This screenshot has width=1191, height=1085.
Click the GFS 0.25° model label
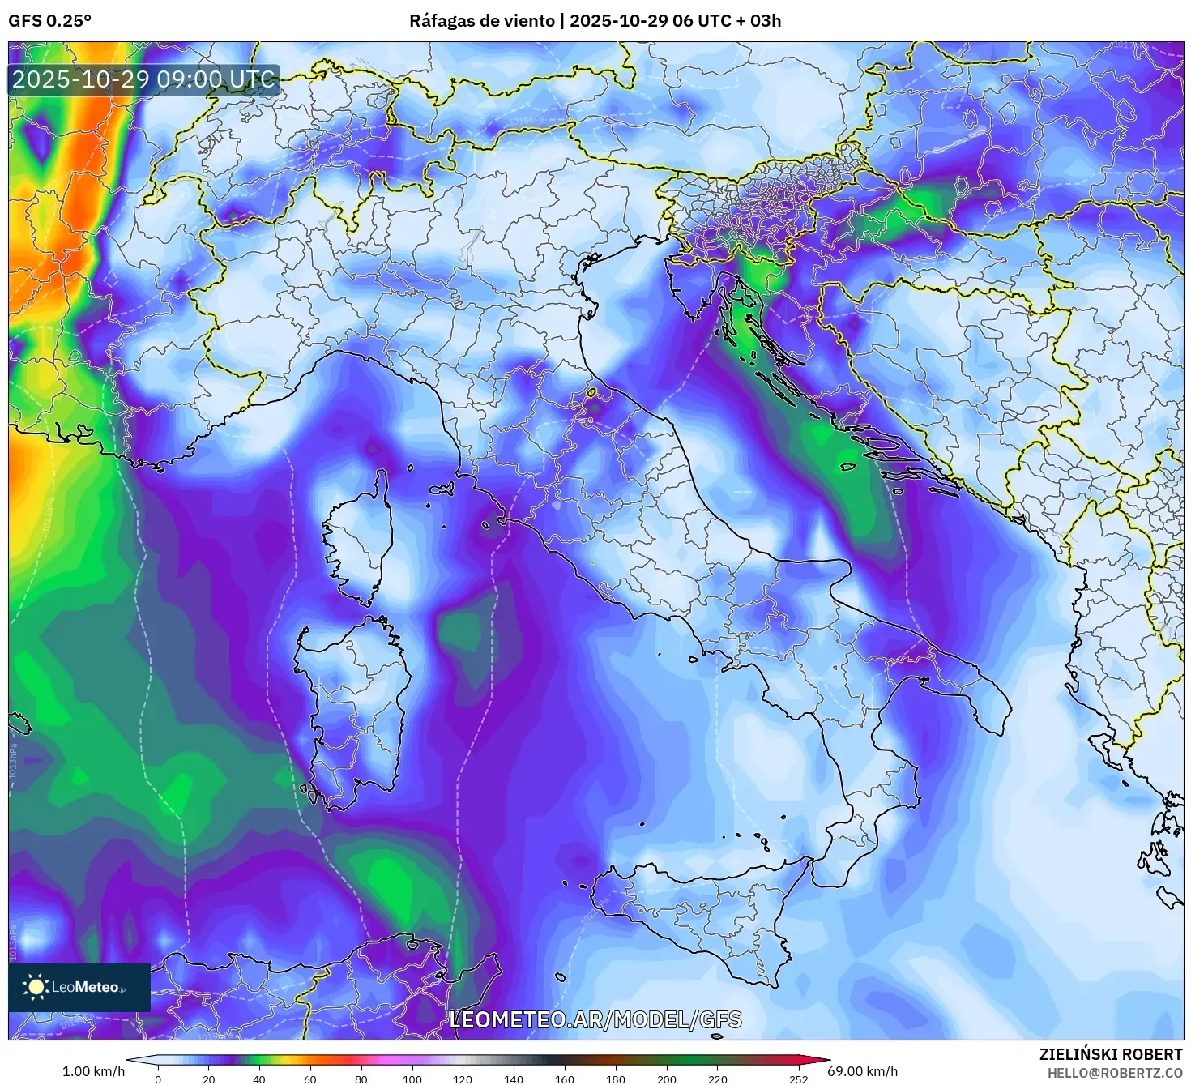pos(49,21)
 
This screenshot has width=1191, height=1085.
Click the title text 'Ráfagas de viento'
pos(481,21)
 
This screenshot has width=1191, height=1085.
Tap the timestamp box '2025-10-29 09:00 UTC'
pos(143,79)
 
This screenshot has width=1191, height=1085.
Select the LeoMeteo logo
pos(79,987)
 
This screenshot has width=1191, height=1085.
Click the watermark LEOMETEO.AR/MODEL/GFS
pos(595,1019)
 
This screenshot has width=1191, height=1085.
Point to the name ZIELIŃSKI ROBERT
pos(1110,1054)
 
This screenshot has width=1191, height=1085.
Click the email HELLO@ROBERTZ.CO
pos(1114,1072)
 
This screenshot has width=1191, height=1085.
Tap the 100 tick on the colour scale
pos(412,1079)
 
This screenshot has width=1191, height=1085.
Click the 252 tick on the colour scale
pos(799,1079)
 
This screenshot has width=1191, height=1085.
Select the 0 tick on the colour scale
pos(158,1079)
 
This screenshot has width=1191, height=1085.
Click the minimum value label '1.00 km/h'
pos(93,1071)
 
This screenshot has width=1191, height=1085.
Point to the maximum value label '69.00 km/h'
pos(862,1071)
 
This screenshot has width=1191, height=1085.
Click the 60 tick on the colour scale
pos(310,1079)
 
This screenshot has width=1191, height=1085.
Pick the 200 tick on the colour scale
pos(667,1079)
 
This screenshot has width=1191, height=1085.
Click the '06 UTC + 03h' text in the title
pos(728,21)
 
